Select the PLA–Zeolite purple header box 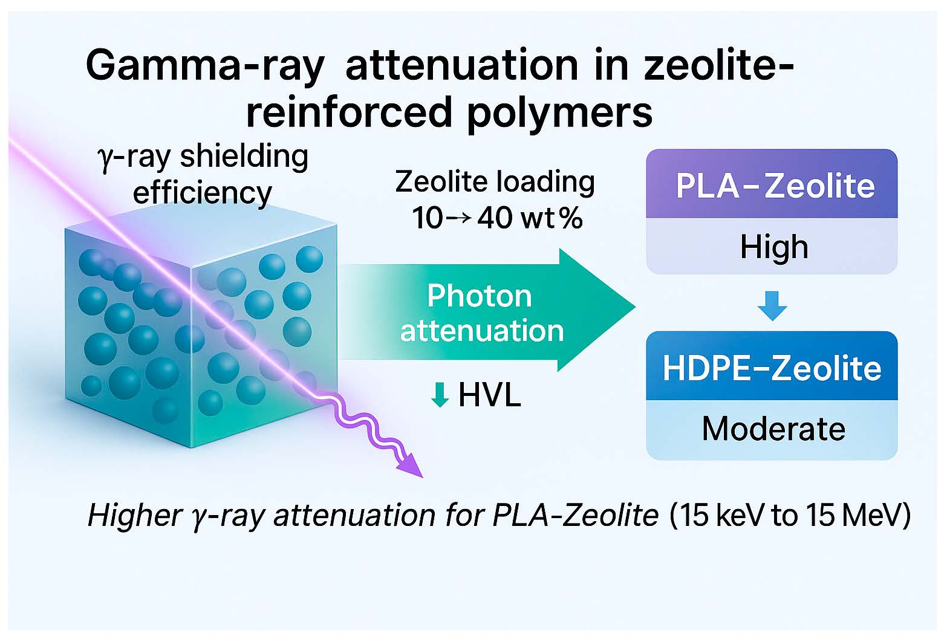pos(772,184)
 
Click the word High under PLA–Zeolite pos(774,247)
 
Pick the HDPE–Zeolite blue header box pos(772,367)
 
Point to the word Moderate pos(773,429)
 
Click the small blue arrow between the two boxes pos(772,306)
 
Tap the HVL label pos(489,395)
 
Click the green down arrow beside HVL pos(440,395)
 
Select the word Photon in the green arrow pos(480,296)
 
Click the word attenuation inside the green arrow pos(482,331)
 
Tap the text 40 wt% pos(530,218)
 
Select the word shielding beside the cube pos(244,157)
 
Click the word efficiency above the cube pos(202,193)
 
